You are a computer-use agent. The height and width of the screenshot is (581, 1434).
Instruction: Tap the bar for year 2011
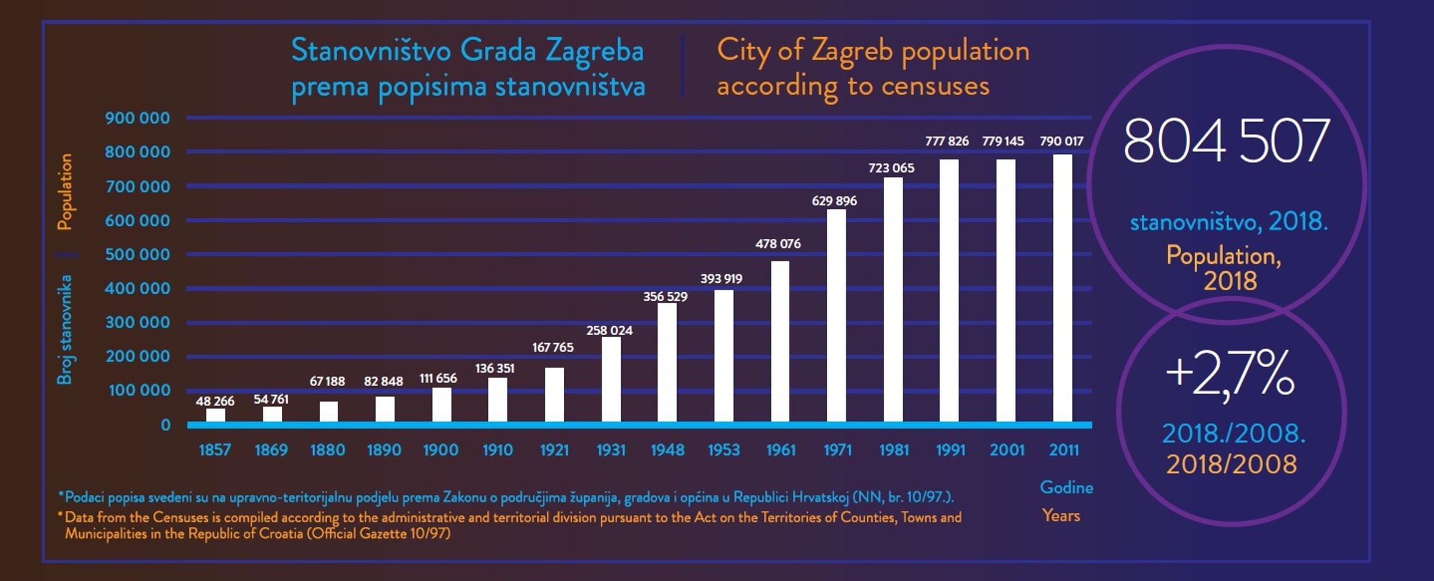[1062, 288]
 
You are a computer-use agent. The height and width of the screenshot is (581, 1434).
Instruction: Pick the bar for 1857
[216, 415]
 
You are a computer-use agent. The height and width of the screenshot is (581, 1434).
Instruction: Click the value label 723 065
[891, 167]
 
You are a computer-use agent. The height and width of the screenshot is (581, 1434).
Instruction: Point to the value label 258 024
[609, 330]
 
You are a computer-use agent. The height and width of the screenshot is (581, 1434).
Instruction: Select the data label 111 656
[438, 378]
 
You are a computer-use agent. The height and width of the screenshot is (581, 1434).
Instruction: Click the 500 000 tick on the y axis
[138, 254]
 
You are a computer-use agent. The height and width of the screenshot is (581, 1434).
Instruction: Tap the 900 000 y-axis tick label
[138, 118]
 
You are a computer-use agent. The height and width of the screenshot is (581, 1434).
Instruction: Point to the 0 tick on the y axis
[165, 425]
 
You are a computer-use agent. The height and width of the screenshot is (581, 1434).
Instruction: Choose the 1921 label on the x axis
[555, 450]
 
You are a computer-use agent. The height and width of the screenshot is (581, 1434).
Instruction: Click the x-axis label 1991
[950, 450]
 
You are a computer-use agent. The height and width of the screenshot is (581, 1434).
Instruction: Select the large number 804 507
[1226, 141]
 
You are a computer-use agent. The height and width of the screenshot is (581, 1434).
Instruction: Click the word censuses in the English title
[935, 86]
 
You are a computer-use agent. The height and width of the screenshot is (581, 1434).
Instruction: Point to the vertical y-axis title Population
[66, 192]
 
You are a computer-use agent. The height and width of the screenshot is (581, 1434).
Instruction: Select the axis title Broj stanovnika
[65, 329]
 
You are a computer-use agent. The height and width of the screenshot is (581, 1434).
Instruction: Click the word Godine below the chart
[1066, 487]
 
